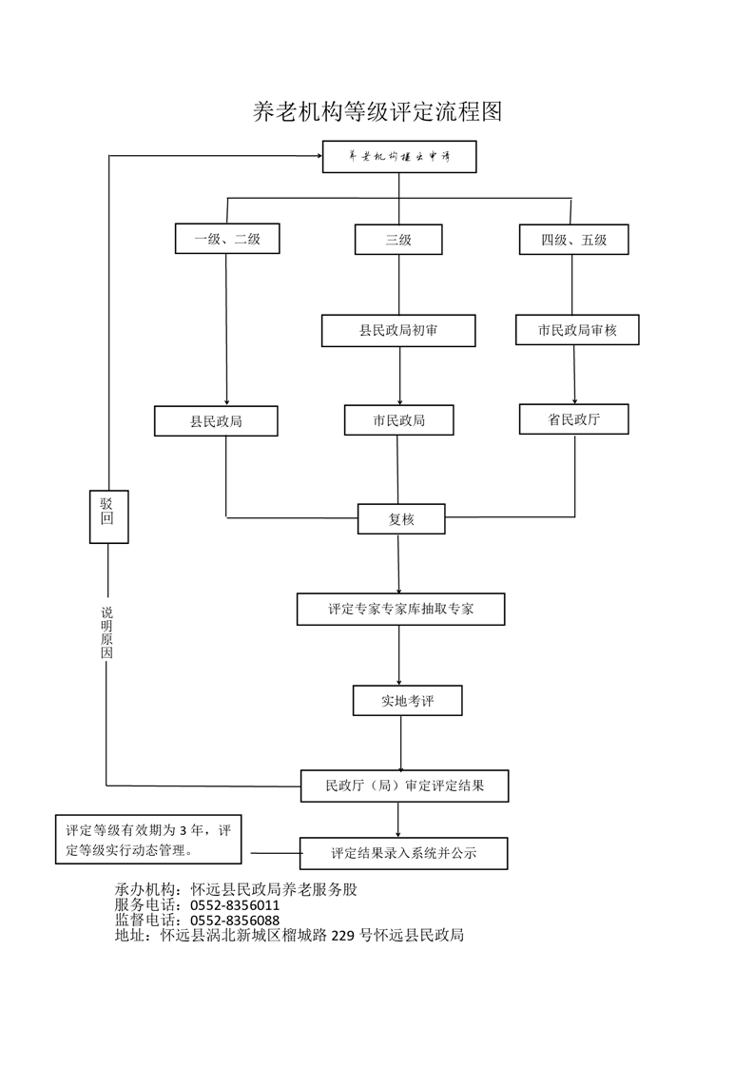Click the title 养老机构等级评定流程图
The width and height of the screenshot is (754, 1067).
click(377, 111)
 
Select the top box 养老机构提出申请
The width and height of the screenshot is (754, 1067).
click(399, 157)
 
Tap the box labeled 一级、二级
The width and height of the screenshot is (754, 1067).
click(227, 239)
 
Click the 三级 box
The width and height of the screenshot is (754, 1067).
click(398, 240)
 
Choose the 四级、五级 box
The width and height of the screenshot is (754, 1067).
click(573, 240)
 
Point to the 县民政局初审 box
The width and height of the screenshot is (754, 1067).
click(398, 331)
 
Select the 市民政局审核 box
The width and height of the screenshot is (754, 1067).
click(577, 330)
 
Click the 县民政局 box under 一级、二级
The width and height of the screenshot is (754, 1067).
click(216, 421)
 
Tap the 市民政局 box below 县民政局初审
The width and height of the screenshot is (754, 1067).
click(398, 420)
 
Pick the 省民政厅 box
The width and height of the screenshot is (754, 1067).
click(573, 419)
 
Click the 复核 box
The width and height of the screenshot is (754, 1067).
click(401, 519)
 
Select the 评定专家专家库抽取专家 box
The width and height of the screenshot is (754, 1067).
click(401, 609)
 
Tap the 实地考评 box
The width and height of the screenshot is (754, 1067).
click(408, 700)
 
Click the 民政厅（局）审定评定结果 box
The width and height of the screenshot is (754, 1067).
click(405, 786)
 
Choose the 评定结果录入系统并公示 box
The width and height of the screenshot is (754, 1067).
click(403, 853)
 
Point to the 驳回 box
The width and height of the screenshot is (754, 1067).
click(109, 516)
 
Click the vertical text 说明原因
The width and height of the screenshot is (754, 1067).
click(106, 632)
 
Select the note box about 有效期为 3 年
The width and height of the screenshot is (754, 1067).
click(148, 840)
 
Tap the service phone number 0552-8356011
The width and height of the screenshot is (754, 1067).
click(235, 905)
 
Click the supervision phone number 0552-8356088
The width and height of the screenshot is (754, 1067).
click(235, 921)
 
